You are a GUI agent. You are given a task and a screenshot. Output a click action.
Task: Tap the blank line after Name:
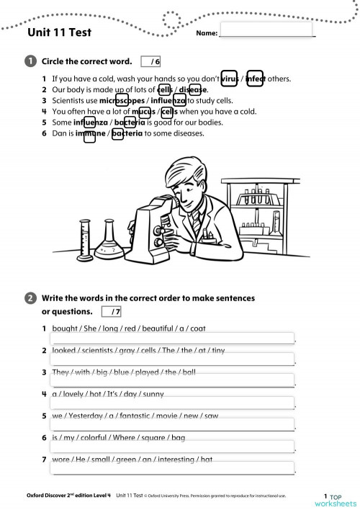point(266,32)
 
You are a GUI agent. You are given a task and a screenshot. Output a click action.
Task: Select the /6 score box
point(151,61)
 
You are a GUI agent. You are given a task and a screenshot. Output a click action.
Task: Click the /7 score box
point(112,312)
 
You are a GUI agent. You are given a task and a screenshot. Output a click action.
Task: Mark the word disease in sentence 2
point(192,89)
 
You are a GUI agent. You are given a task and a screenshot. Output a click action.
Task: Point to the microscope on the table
point(154,223)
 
